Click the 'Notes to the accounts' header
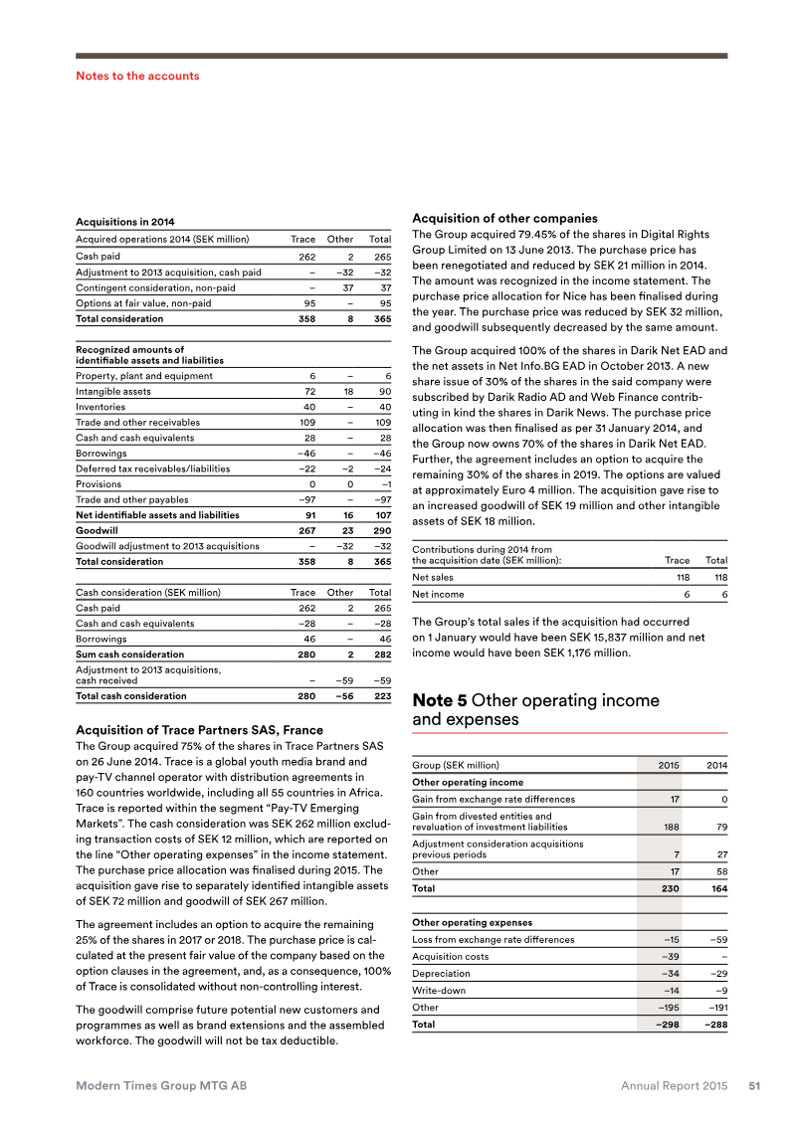(x=137, y=76)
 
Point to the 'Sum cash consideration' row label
(x=129, y=655)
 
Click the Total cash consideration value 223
(x=381, y=696)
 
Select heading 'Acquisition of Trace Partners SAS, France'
(x=199, y=731)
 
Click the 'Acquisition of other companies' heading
(x=504, y=218)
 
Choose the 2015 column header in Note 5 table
(x=670, y=766)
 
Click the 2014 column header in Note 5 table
(x=716, y=766)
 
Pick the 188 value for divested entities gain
(x=672, y=827)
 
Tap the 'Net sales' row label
(x=433, y=577)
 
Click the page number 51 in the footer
(x=754, y=1086)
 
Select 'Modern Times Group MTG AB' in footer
(x=162, y=1086)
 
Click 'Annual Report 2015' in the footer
(x=675, y=1086)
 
